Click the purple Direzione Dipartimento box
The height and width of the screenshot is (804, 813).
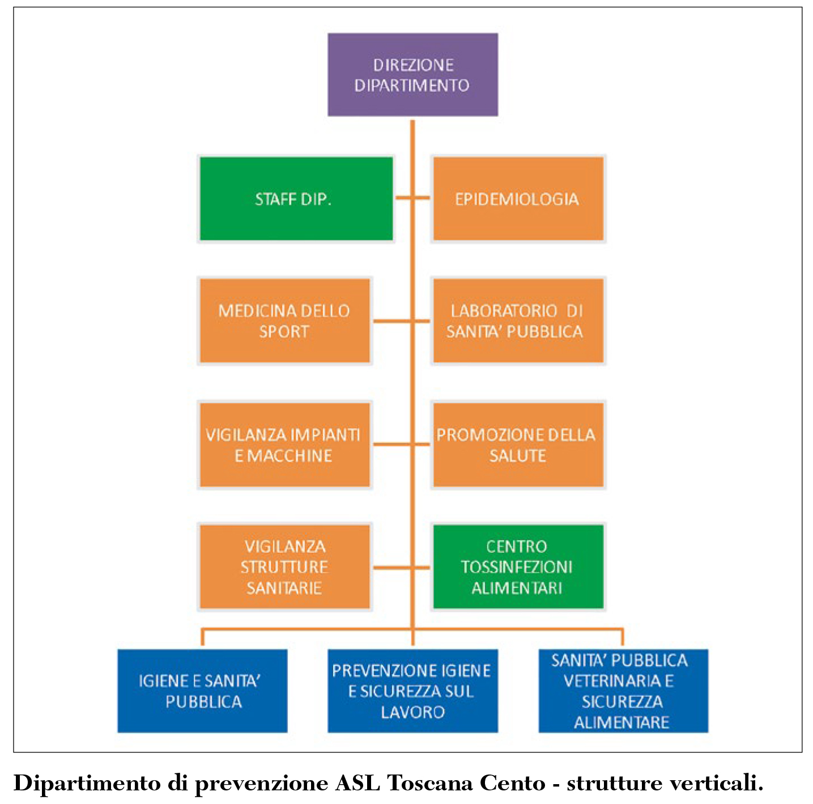point(412,75)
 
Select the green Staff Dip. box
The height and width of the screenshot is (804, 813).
point(295,199)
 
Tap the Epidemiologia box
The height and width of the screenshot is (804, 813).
point(517,199)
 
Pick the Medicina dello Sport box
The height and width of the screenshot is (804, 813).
point(284,321)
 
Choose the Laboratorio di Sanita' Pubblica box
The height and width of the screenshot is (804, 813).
point(517,321)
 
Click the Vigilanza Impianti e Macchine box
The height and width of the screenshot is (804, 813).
point(284,445)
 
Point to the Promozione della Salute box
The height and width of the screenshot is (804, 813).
point(517,445)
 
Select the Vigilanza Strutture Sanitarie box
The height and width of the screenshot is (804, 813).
point(284,567)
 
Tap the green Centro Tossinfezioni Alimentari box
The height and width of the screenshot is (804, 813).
point(517,567)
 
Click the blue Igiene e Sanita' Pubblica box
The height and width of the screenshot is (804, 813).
point(202,691)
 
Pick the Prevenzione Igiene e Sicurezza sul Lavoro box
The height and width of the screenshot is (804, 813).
point(412,691)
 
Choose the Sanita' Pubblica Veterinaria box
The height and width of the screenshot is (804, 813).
point(623,691)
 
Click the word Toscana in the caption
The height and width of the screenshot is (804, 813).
point(431,783)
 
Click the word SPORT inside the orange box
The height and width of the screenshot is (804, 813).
point(284,332)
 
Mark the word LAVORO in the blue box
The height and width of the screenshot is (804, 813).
point(412,712)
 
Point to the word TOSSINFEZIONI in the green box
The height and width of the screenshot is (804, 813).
point(517,567)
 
